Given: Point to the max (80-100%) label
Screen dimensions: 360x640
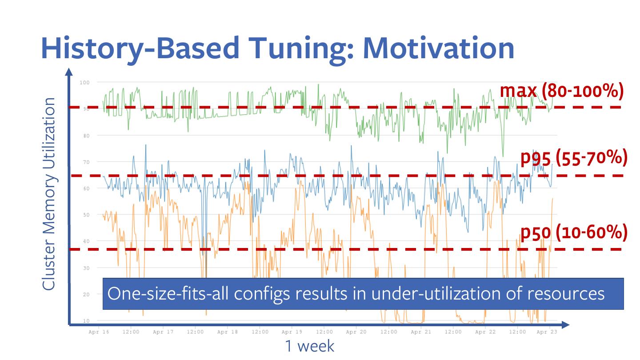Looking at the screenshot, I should [x=562, y=91].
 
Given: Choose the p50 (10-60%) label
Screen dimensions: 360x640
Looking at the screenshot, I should [x=573, y=232].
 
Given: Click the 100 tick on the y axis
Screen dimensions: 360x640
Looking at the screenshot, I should [x=84, y=82].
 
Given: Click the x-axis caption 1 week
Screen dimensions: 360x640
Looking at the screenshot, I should [x=309, y=346].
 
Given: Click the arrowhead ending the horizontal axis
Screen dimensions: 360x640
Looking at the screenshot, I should [x=564, y=325].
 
